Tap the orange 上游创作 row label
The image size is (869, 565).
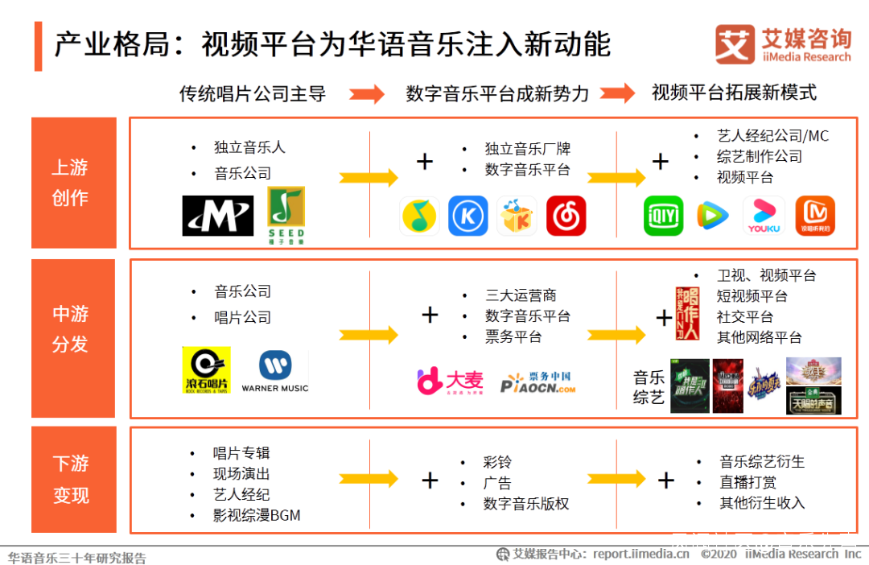[x=72, y=183]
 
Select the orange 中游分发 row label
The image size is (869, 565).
[x=72, y=329]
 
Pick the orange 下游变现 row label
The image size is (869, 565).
[x=72, y=480]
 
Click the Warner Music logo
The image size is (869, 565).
[x=275, y=371]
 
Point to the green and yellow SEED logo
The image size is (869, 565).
[x=286, y=216]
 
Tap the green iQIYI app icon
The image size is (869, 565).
[x=663, y=217]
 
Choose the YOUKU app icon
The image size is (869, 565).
[x=764, y=217]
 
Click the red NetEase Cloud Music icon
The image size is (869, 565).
[x=566, y=217]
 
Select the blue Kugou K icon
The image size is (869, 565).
[x=467, y=217]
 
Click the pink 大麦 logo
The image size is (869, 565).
[x=450, y=381]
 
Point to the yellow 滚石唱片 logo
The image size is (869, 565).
[x=206, y=370]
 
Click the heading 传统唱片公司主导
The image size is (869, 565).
[x=253, y=94]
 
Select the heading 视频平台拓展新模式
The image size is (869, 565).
[x=734, y=93]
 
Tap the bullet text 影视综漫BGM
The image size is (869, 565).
[x=257, y=515]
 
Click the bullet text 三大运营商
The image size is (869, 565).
[x=521, y=295]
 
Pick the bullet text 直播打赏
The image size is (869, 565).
[x=748, y=482]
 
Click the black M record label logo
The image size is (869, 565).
[x=217, y=216]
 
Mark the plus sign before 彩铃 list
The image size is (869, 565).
[x=430, y=480]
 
